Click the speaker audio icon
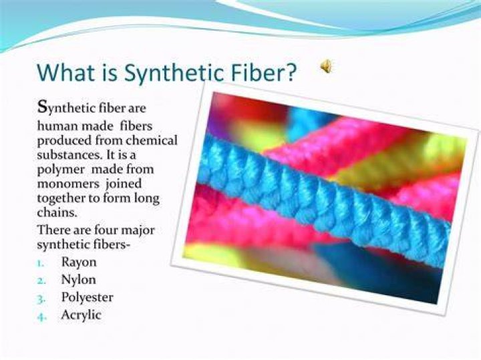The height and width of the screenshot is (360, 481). pyautogui.click(x=327, y=66)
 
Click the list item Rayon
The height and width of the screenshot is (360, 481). pyautogui.click(x=79, y=262)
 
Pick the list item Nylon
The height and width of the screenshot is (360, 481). pyautogui.click(x=79, y=280)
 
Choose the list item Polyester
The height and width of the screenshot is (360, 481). pyautogui.click(x=87, y=298)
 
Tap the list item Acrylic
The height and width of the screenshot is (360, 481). pyautogui.click(x=81, y=315)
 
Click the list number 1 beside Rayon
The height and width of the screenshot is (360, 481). pyautogui.click(x=40, y=264)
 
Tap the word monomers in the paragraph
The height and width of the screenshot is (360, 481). pyautogui.click(x=68, y=184)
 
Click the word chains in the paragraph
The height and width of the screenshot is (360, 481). pyautogui.click(x=57, y=212)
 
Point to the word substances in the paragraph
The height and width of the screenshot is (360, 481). pyautogui.click(x=69, y=154)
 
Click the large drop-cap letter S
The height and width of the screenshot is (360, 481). pyautogui.click(x=41, y=106)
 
